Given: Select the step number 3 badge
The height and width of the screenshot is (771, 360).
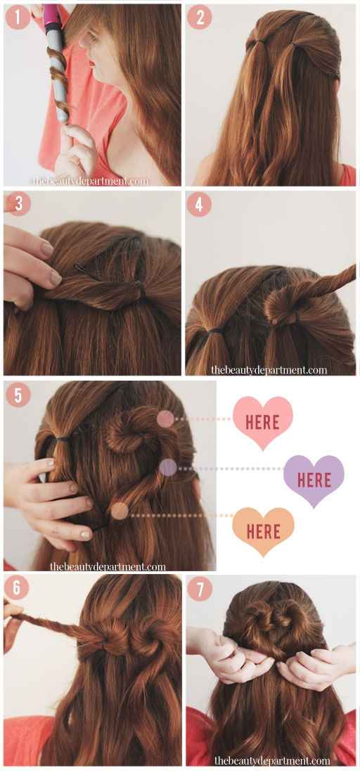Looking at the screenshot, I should tap(18, 203).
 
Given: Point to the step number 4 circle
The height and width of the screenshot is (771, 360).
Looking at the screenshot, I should tap(199, 204).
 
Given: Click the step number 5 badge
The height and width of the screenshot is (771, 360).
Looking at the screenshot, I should tap(18, 395).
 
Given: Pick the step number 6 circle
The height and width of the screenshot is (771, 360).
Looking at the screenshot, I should tap(18, 587).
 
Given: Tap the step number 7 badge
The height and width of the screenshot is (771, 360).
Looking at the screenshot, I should tap(200, 588).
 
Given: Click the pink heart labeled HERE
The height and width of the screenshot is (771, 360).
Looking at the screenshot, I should tap(262, 421).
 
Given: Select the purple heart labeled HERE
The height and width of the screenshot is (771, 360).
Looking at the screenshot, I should tap(314, 480).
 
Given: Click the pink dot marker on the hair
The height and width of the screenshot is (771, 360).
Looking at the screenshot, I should tap(165, 419).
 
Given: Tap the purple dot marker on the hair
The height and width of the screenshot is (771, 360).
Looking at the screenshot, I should tap(167, 467).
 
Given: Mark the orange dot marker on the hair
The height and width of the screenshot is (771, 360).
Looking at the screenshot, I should tap(120, 511).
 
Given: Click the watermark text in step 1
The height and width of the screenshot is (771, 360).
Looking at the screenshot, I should tap(90, 181).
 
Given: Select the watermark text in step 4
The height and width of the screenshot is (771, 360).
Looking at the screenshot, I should tap(269, 369).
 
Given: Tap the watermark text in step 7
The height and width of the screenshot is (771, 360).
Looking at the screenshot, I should tap(271, 760).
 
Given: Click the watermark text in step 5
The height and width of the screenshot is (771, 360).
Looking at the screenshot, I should tap(108, 566).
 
